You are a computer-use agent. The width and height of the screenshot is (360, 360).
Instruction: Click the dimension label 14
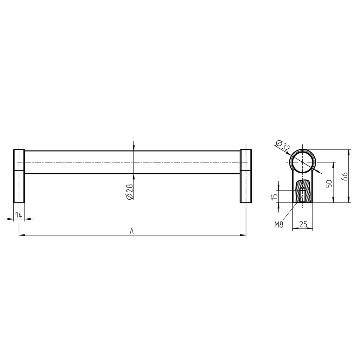(x=19, y=215)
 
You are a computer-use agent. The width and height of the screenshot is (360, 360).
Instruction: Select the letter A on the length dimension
(x=132, y=231)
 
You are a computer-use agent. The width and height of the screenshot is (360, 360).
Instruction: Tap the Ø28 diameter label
(x=129, y=192)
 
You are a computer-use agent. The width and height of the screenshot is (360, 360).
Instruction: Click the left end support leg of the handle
(x=19, y=176)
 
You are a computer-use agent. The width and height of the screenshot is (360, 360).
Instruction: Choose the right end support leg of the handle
(x=246, y=176)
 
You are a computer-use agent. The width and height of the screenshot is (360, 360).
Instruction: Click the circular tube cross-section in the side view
(x=302, y=162)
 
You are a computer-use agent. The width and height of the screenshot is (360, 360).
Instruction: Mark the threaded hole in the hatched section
(x=302, y=195)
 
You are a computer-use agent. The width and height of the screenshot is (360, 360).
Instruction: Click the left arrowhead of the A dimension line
(x=21, y=235)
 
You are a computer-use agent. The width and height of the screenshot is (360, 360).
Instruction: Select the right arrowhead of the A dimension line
(x=243, y=235)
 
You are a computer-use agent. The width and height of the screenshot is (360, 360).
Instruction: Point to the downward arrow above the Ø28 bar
(x=133, y=148)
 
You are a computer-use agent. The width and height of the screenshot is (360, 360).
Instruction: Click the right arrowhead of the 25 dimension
(x=311, y=229)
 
